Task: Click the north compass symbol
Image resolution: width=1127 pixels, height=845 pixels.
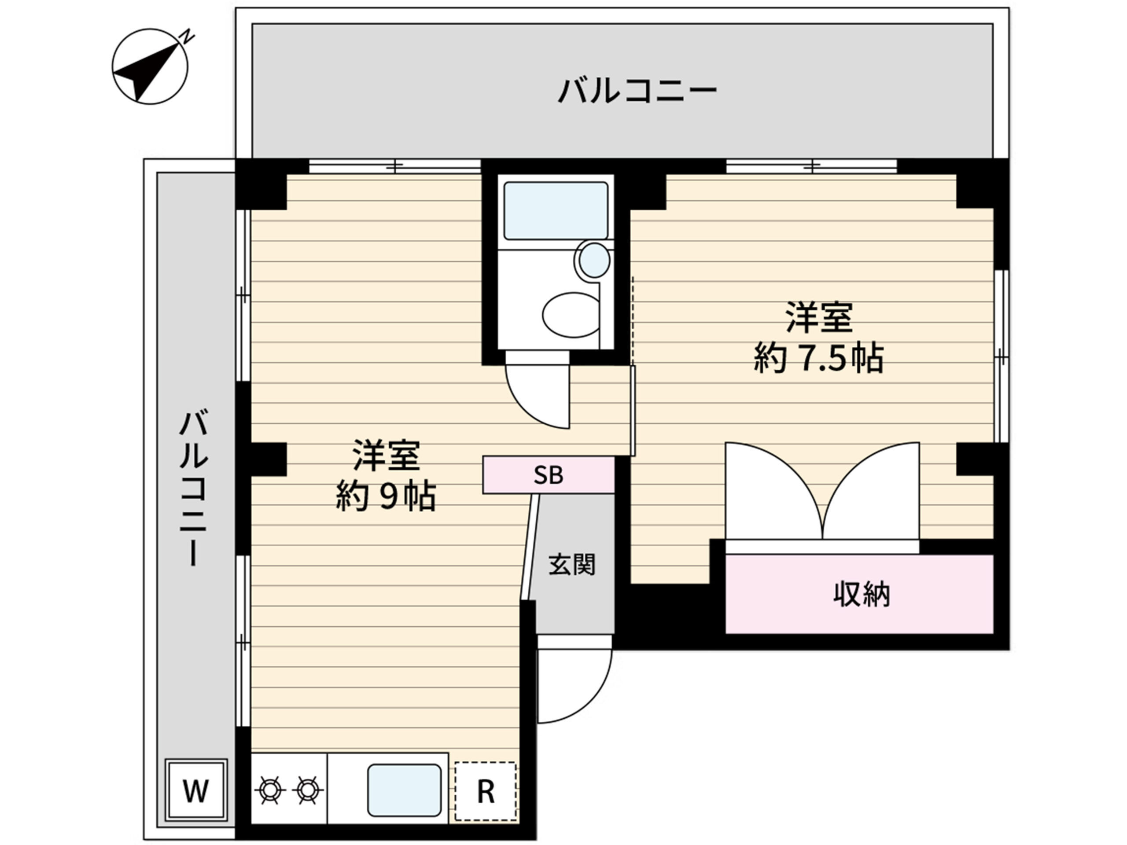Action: pos(150,67)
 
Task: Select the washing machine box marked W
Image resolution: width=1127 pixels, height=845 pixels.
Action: pos(196,791)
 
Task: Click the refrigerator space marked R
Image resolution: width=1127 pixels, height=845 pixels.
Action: pos(486,791)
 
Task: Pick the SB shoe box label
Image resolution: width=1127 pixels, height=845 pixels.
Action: pos(548,475)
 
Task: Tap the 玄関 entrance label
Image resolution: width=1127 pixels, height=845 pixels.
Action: pos(572,564)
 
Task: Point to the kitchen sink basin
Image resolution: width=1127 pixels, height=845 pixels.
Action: pos(404,790)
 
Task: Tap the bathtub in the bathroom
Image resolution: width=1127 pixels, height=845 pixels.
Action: pos(556,210)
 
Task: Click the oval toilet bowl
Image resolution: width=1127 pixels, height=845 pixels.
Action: pos(571,314)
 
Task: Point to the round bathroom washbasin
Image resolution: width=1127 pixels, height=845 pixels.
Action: pos(593,260)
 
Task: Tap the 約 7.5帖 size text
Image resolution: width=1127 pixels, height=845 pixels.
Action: pos(819,359)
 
